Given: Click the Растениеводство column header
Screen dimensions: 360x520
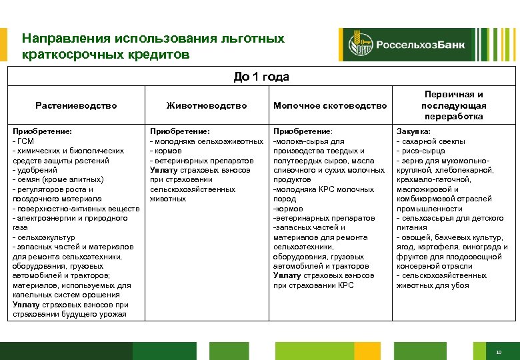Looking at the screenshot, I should point(76,105).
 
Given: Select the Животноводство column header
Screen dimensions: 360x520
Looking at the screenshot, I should point(206,105).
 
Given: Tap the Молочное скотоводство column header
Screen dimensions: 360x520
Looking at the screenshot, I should point(330,105).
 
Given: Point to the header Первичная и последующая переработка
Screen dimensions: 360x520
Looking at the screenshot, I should point(453,105).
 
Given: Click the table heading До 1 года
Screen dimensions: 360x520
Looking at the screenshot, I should point(261,77).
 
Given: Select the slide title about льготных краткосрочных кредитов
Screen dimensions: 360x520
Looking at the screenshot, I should point(153,46).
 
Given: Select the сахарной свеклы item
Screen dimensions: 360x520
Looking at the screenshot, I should point(433,141).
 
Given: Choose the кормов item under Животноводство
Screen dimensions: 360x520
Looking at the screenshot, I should point(167,151).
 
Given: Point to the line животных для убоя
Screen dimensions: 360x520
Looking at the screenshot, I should point(433,285).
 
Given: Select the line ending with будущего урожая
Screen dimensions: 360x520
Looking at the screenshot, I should point(69,314).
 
